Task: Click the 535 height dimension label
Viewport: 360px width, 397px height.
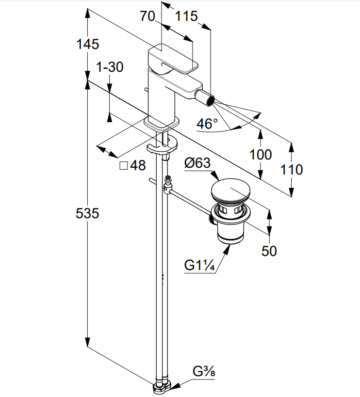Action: pyautogui.click(x=88, y=213)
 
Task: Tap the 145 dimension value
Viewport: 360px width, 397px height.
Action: pyautogui.click(x=88, y=44)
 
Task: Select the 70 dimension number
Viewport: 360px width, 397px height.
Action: pyautogui.click(x=147, y=16)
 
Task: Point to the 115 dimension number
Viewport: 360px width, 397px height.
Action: pyautogui.click(x=186, y=16)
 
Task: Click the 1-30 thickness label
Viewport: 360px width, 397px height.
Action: pyautogui.click(x=110, y=67)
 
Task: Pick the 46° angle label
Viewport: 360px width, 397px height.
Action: pyautogui.click(x=207, y=124)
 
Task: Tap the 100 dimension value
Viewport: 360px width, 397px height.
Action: pyautogui.click(x=261, y=155)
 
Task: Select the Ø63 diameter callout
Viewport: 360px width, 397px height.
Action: pyautogui.click(x=197, y=163)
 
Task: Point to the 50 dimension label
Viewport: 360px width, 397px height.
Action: pyautogui.click(x=269, y=251)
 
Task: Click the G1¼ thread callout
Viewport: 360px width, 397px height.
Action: pyautogui.click(x=199, y=266)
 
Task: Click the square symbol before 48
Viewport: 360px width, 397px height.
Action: pyautogui.click(x=123, y=166)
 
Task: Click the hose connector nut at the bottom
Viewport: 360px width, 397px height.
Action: pyautogui.click(x=161, y=387)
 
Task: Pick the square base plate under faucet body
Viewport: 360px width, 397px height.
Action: pyautogui.click(x=161, y=124)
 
